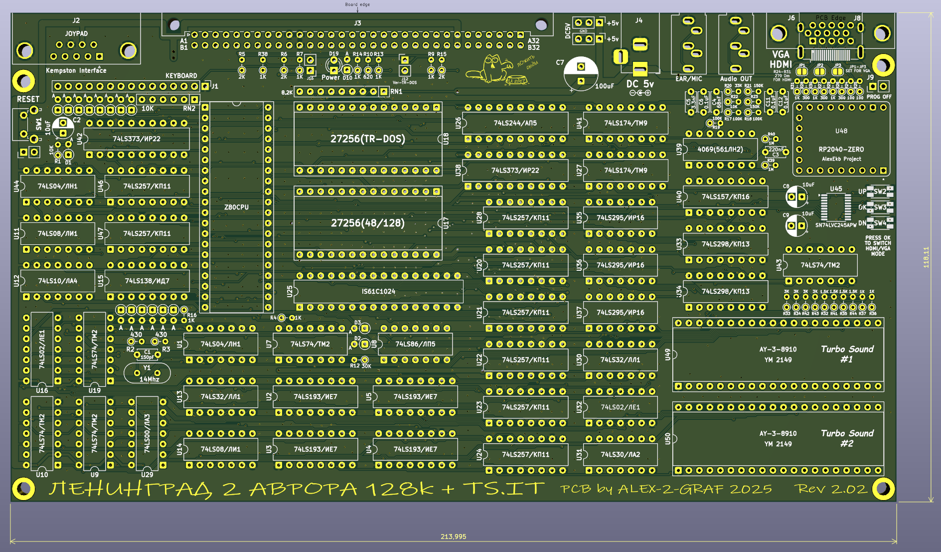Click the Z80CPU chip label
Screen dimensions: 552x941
click(236, 207)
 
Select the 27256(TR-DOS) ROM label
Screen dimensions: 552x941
click(368, 139)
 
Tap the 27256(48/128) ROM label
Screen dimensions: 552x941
click(368, 223)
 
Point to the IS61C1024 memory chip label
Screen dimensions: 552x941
click(378, 291)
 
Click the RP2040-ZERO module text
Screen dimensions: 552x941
click(841, 149)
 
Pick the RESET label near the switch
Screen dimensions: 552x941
click(28, 99)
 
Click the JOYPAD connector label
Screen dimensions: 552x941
click(76, 33)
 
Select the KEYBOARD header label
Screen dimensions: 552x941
click(181, 76)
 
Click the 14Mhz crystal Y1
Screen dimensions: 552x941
click(147, 373)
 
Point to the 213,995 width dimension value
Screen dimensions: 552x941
click(453, 537)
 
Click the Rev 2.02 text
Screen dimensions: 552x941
click(831, 489)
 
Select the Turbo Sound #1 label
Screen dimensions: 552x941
click(847, 354)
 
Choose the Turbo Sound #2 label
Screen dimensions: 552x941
click(847, 438)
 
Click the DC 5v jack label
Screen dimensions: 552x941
click(639, 84)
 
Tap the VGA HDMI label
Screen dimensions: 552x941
click(781, 59)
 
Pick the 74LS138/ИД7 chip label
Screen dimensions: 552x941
click(147, 281)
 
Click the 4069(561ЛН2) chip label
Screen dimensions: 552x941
click(720, 149)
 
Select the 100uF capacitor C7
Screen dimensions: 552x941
click(581, 73)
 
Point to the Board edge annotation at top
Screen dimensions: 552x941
click(357, 4)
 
